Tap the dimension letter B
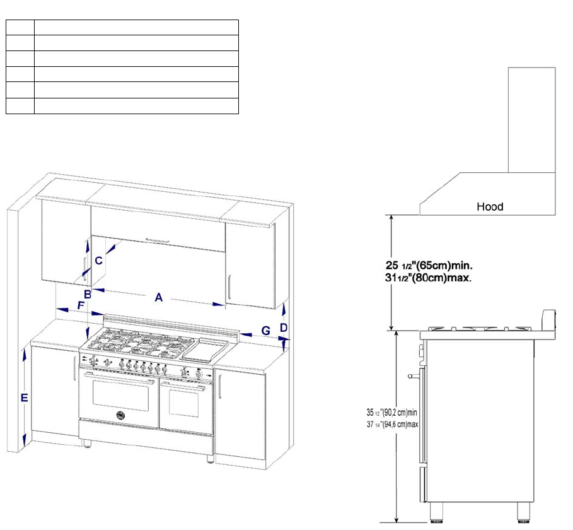(88, 294)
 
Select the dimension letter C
(98, 260)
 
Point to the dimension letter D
(284, 328)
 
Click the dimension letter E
(24, 398)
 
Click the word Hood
(490, 206)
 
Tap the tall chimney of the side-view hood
(531, 120)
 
